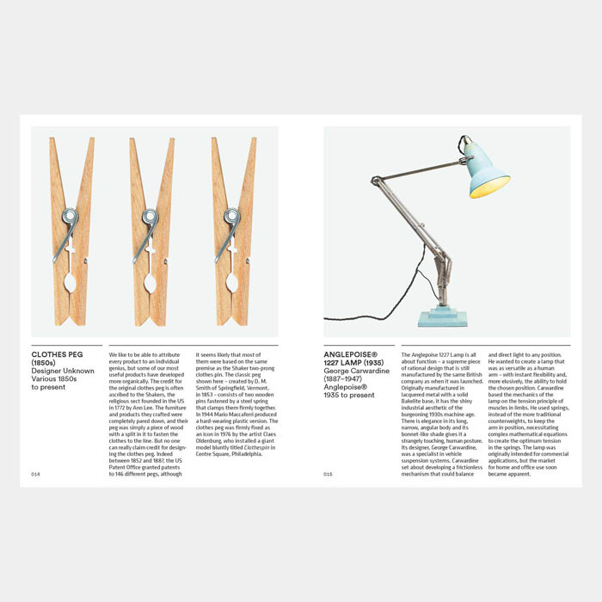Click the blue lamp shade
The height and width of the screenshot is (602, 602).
coord(487,173)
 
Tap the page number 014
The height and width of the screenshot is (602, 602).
coord(36,474)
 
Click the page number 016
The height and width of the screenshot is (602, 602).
coord(329,474)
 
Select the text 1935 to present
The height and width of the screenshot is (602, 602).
coord(349,396)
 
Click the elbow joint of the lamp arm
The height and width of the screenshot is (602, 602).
coord(376,181)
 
